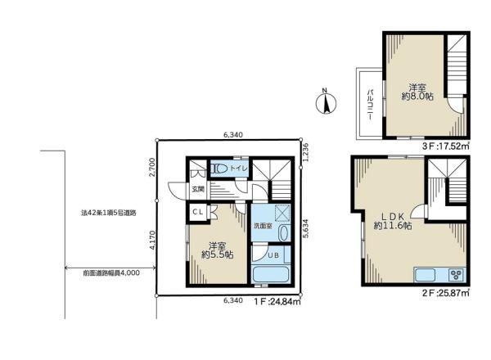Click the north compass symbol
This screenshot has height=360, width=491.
pyautogui.click(x=326, y=102)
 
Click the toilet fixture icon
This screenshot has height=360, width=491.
pyautogui.click(x=218, y=169)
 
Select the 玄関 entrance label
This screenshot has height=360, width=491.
pyautogui.click(x=198, y=189)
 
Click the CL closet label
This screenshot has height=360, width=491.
pyautogui.click(x=197, y=212)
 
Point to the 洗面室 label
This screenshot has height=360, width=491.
pyautogui.click(x=263, y=225)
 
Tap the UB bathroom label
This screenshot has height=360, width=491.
pyautogui.click(x=273, y=255)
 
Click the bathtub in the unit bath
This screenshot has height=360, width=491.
pyautogui.click(x=270, y=275)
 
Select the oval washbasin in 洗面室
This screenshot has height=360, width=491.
pyautogui.click(x=283, y=233)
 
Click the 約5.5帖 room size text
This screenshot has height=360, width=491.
pyautogui.click(x=218, y=254)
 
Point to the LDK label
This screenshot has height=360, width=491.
pyautogui.click(x=393, y=216)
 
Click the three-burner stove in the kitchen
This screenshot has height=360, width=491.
pyautogui.click(x=457, y=275)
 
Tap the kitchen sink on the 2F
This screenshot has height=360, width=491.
pyautogui.click(x=425, y=275)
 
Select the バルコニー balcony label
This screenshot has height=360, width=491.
pyautogui.click(x=370, y=105)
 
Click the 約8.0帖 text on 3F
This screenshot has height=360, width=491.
pyautogui.click(x=417, y=97)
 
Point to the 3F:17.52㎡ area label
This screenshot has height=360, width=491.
pyautogui.click(x=445, y=146)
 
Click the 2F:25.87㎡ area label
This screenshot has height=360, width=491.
pyautogui.click(x=445, y=293)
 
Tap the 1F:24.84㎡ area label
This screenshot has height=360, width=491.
pyautogui.click(x=277, y=301)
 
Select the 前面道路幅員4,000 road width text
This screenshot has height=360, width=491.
pyautogui.click(x=111, y=272)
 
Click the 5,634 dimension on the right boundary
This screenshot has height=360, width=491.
pyautogui.click(x=306, y=229)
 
